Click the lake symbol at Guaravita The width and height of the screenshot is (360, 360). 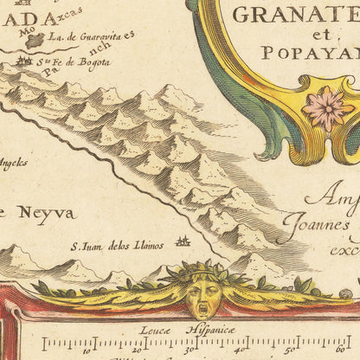pos(35,40)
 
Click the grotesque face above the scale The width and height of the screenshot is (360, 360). pos(203,294)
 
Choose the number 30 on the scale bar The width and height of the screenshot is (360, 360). pos(188,350)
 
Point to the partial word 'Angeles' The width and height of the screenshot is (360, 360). pos(13,162)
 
